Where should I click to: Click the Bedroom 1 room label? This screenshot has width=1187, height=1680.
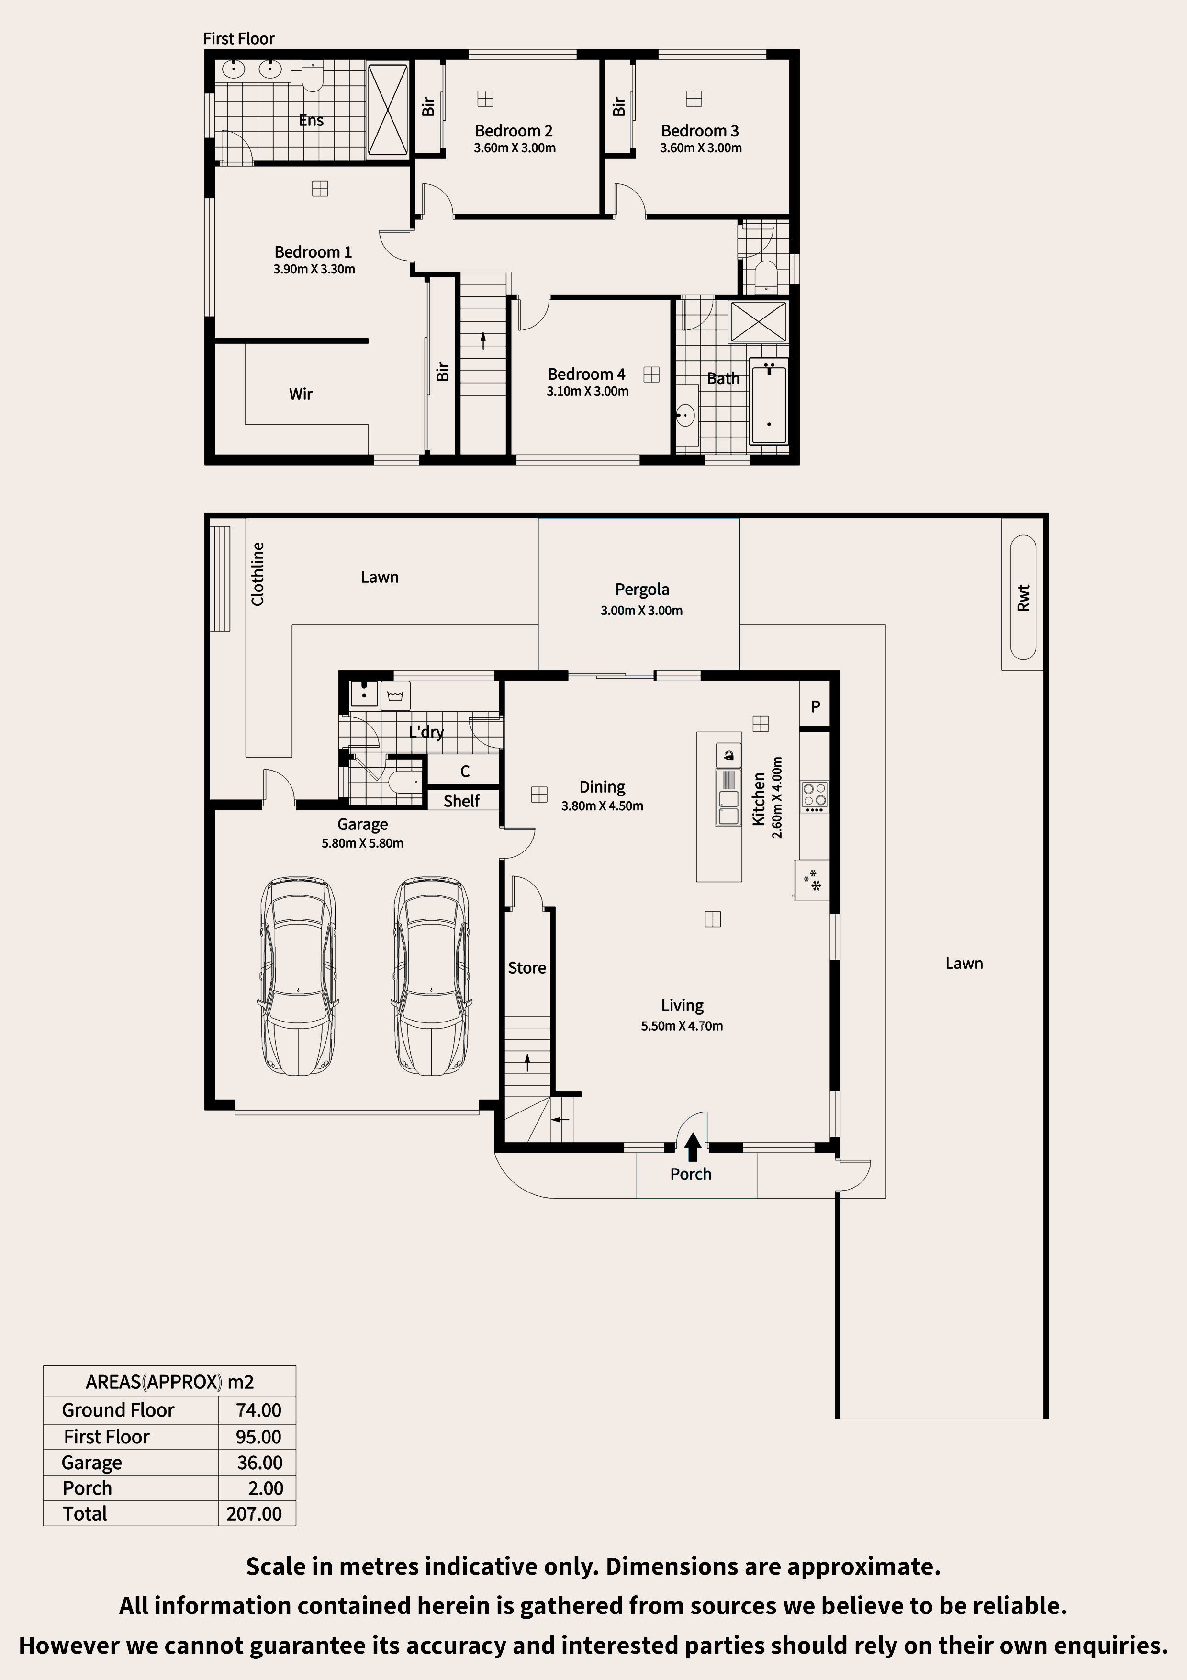[x=313, y=252]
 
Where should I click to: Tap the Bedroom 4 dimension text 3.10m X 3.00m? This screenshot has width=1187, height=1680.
[x=587, y=391]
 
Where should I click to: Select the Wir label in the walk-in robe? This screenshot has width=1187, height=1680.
[x=301, y=394]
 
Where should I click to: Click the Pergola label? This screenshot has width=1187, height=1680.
[x=642, y=590]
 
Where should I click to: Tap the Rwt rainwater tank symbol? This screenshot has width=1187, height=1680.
[x=1023, y=597]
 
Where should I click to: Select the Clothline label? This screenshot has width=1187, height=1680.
[x=258, y=574]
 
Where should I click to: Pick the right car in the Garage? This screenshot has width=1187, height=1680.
[x=432, y=976]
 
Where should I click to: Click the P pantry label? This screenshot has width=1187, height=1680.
[x=816, y=706]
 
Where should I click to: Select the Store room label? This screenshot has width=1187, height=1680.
[x=526, y=968]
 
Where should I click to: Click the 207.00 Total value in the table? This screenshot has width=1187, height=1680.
[x=254, y=1513]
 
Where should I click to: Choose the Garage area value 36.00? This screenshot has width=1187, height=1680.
[x=259, y=1462]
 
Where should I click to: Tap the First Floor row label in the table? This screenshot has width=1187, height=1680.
[x=107, y=1436]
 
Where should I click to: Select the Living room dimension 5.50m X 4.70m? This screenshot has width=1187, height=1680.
[x=682, y=1026]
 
